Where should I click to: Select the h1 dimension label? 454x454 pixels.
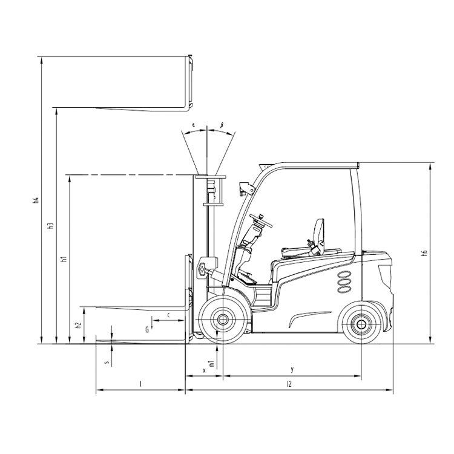pos(64,259)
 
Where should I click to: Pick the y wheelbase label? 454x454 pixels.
pos(292,369)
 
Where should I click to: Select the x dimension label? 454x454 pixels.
pos(204,370)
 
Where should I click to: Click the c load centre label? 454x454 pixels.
pos(168,315)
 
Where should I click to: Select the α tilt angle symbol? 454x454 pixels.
pos(193,125)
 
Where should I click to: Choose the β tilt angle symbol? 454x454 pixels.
pos(222,125)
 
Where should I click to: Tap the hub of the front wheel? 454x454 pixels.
pos(222,320)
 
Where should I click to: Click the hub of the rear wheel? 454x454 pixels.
pos(361,324)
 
